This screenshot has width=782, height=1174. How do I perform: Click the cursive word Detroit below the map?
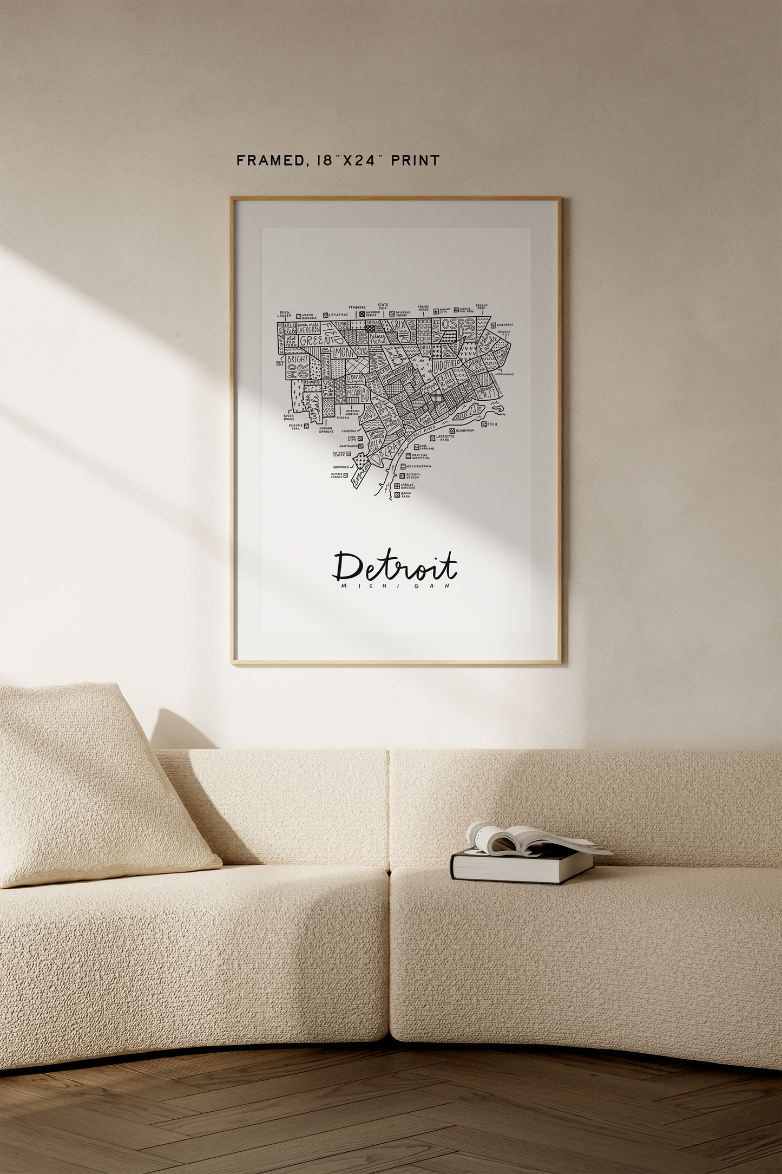pos(395,566)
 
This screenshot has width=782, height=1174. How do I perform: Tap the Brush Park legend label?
pos(405,494)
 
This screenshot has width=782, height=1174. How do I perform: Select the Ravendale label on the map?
pos(505,325)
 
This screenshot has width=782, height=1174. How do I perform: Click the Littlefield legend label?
pos(338,315)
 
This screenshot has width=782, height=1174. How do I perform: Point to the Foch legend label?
pos(491,424)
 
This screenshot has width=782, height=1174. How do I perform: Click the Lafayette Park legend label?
pos(444,438)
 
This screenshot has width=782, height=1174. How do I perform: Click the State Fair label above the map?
pos(383,306)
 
